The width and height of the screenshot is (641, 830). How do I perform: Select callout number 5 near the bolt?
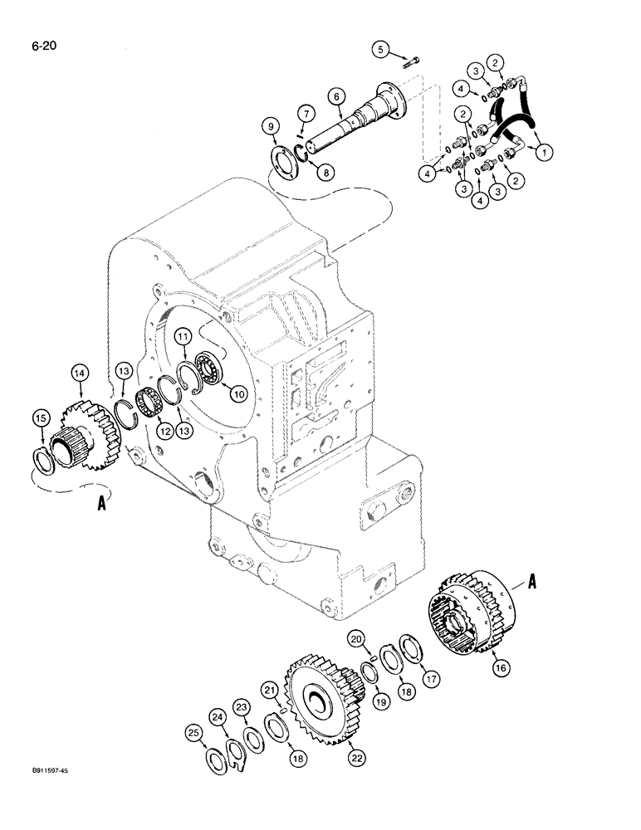[x=381, y=50]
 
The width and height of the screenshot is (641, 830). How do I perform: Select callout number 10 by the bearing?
[x=239, y=395]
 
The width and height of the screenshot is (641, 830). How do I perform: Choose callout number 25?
[x=193, y=733]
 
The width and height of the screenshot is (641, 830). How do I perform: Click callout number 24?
[x=218, y=716]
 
